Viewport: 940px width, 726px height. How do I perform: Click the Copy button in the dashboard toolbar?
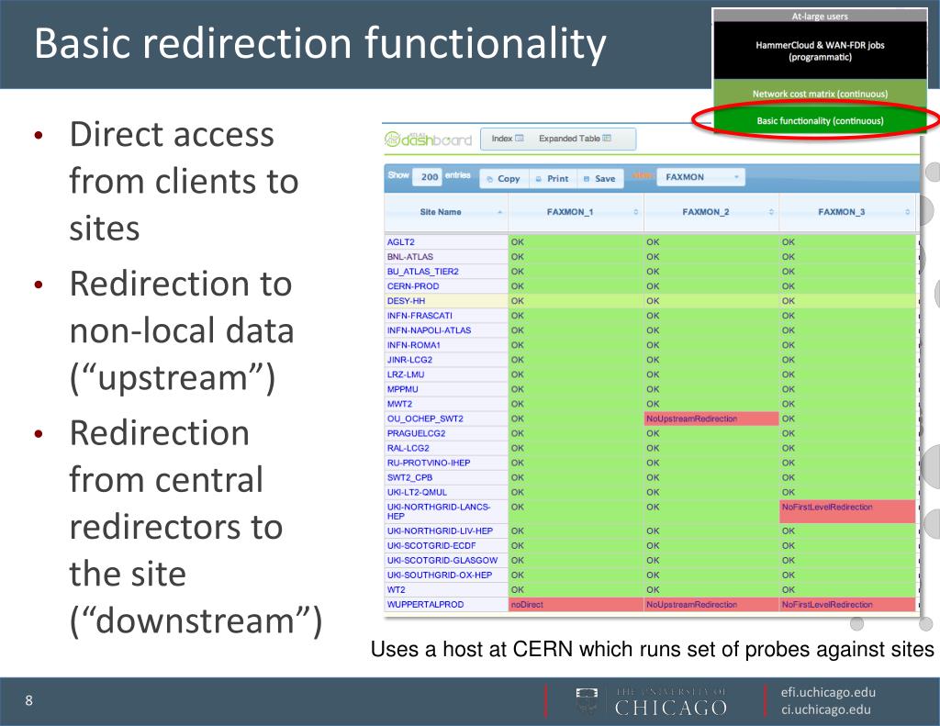pyautogui.click(x=503, y=178)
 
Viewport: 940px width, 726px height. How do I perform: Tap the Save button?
pyautogui.click(x=599, y=178)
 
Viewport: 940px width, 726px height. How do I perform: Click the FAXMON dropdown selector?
pyautogui.click(x=701, y=177)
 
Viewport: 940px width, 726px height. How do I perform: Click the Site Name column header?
pyautogui.click(x=443, y=212)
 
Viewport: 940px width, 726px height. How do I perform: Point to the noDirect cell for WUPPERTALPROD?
pyautogui.click(x=575, y=605)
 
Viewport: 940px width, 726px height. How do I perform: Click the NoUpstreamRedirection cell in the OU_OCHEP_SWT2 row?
pyautogui.click(x=710, y=419)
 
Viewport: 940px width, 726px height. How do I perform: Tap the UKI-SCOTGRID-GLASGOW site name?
pyautogui.click(x=442, y=561)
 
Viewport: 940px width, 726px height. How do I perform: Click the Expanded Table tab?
pyautogui.click(x=575, y=139)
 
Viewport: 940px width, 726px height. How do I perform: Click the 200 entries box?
pyautogui.click(x=427, y=177)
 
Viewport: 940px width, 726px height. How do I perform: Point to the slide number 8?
pyautogui.click(x=29, y=701)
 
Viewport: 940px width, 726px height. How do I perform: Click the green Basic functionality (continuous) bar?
pyautogui.click(x=820, y=120)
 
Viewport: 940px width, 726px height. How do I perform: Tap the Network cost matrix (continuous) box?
pyautogui.click(x=820, y=94)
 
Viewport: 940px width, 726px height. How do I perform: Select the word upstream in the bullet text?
pyautogui.click(x=173, y=378)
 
